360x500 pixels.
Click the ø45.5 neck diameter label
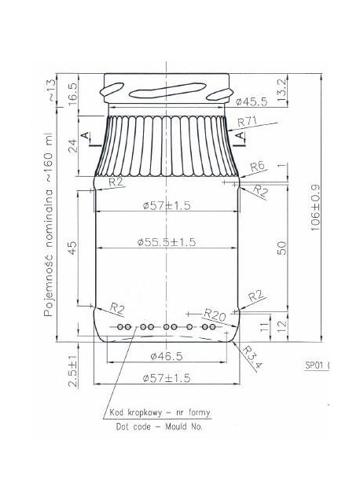tap(252, 101)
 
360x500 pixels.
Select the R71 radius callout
tap(247, 122)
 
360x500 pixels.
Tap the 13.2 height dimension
tap(282, 90)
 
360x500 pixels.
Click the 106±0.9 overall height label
tap(315, 208)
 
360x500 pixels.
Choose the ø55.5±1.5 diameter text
tap(167, 242)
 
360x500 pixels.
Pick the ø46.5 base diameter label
tap(167, 356)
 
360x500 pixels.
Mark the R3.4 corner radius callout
tap(252, 357)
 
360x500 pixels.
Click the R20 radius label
tap(215, 315)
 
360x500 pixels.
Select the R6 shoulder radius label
tap(257, 167)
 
